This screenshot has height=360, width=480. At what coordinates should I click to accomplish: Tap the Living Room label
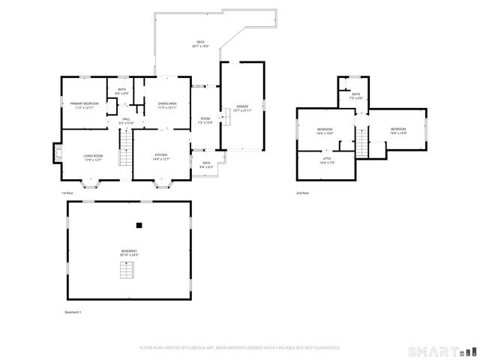click(x=93, y=157)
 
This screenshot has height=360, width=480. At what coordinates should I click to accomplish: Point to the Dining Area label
click(x=167, y=105)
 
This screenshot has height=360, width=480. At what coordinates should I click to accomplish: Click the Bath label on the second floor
click(x=355, y=96)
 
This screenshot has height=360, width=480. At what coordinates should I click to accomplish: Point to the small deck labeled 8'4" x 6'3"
click(x=206, y=165)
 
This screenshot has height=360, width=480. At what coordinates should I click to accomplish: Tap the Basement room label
click(x=129, y=253)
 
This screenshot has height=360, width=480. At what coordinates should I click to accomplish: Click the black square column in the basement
click(x=139, y=224)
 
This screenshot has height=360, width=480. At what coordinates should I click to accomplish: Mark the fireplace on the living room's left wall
click(x=57, y=153)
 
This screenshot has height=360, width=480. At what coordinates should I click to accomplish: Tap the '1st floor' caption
click(x=67, y=193)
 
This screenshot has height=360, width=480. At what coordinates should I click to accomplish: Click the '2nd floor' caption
click(x=302, y=193)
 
